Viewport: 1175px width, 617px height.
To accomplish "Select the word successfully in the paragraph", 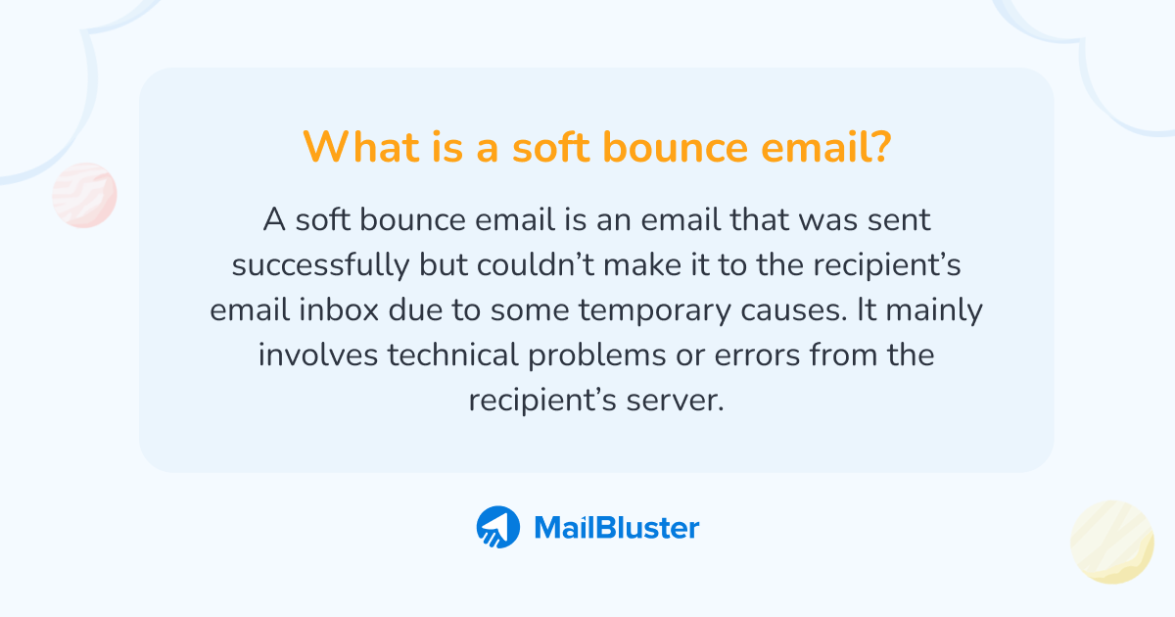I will click(320, 265).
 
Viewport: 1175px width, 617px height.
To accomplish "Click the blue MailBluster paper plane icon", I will click(497, 528).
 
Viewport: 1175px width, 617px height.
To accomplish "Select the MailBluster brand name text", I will click(616, 528).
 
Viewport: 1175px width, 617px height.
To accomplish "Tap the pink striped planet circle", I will click(84, 195).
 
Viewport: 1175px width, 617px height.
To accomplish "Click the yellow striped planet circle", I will click(1112, 542).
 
